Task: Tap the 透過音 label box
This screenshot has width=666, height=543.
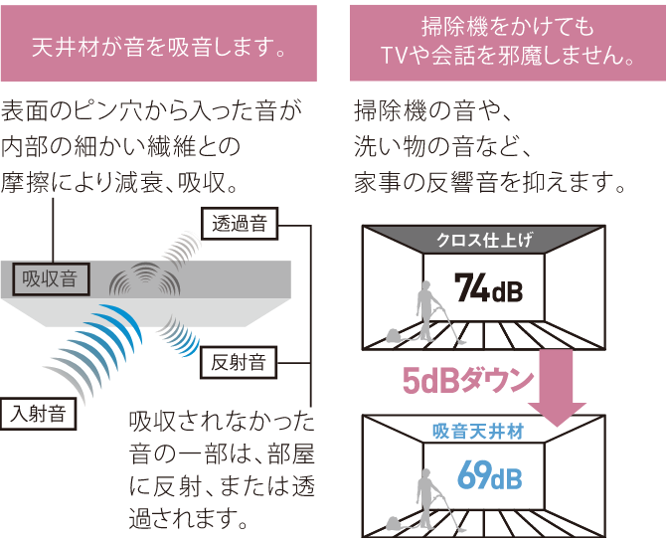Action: [x=239, y=223]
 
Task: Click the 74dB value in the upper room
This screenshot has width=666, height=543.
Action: [x=487, y=288]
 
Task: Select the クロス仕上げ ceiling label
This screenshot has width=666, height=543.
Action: [x=484, y=240]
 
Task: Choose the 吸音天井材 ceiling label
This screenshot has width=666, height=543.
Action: [x=484, y=431]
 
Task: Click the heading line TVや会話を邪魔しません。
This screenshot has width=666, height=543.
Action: [x=508, y=58]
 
